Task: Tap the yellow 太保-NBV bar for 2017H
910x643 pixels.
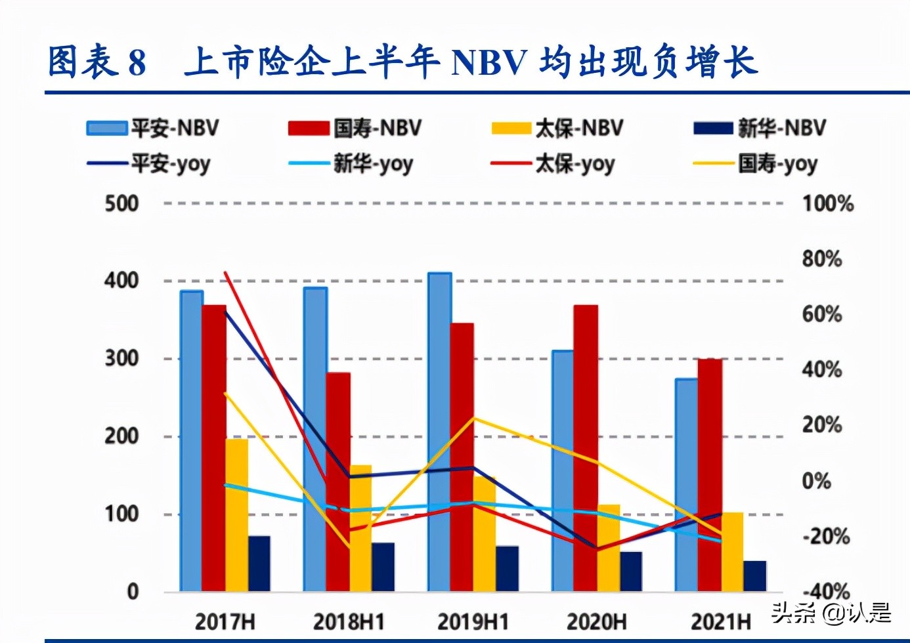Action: (x=237, y=515)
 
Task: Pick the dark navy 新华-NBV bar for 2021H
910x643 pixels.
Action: (x=754, y=575)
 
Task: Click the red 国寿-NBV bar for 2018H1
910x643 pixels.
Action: (x=338, y=482)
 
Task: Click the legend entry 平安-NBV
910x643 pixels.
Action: (x=153, y=128)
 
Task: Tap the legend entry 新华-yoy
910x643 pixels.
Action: (x=351, y=163)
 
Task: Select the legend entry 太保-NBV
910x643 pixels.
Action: (x=557, y=128)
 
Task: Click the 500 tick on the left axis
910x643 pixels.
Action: (x=121, y=203)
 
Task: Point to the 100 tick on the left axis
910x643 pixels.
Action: (x=121, y=514)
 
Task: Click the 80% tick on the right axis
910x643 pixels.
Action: (x=821, y=259)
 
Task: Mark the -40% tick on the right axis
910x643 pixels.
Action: (x=825, y=591)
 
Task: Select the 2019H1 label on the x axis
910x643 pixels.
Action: (x=473, y=621)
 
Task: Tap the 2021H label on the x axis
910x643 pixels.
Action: (x=720, y=621)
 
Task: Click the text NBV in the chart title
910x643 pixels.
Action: (x=489, y=63)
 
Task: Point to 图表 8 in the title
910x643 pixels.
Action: (x=97, y=63)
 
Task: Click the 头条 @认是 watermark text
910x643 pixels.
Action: (x=831, y=613)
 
